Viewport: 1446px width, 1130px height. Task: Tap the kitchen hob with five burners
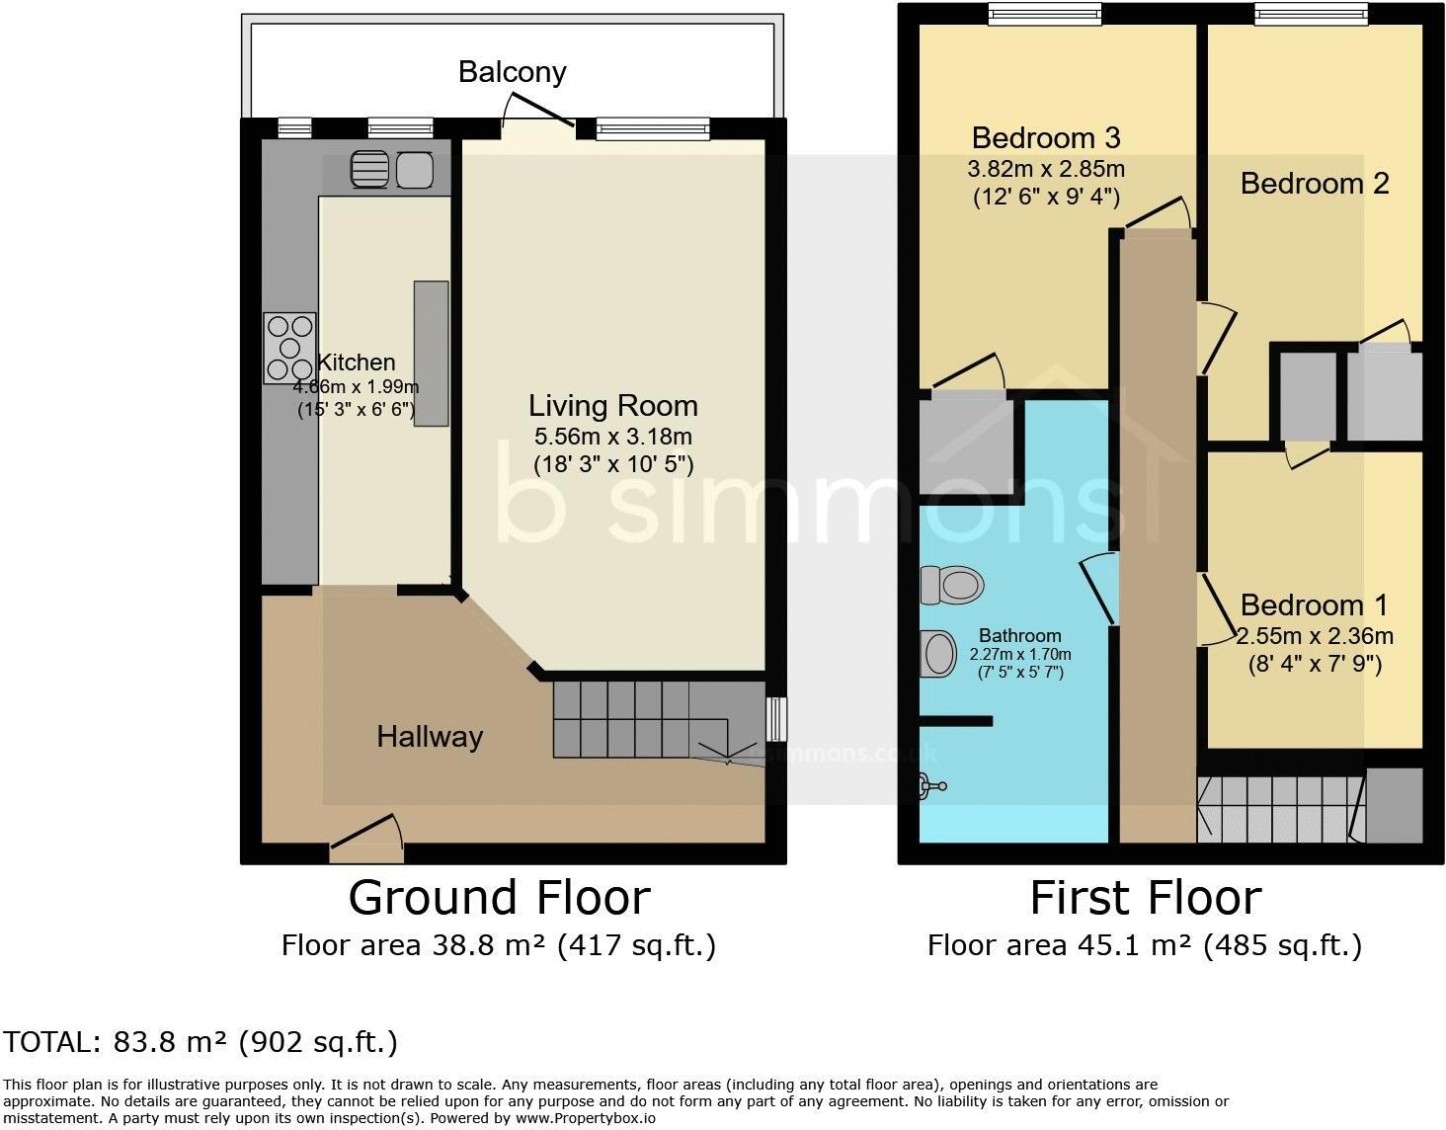289,348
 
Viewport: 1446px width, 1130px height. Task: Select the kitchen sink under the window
392,170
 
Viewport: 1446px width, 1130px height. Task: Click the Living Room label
612,406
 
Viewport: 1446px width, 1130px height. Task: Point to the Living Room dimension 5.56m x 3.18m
612,437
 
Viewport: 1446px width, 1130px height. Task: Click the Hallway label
430,737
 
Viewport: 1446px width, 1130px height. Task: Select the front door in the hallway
366,832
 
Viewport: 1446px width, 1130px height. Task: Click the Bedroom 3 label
1045,137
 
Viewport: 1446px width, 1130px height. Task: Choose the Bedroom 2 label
1314,184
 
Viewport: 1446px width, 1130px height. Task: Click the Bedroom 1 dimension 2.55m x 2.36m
1315,636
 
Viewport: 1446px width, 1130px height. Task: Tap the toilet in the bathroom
951,585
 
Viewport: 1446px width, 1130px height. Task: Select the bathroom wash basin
938,653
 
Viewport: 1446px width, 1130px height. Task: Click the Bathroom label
1019,636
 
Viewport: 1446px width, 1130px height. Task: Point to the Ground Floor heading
499,898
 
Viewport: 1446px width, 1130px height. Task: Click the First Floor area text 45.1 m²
1144,946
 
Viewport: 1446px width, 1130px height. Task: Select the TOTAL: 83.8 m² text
201,1042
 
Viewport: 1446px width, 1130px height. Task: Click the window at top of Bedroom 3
1045,12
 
